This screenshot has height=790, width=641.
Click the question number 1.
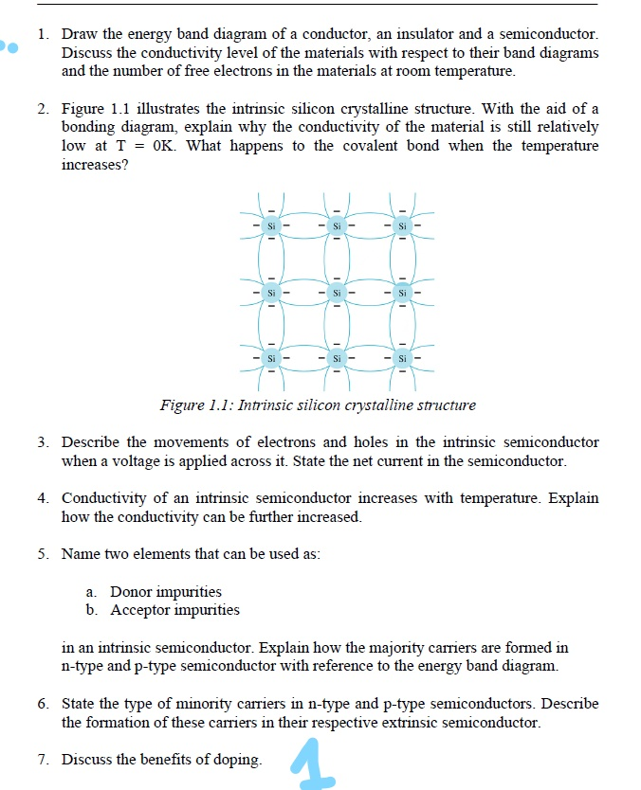(43, 35)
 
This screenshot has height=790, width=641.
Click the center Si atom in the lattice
(337, 293)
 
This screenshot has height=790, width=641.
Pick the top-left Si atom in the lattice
(271, 226)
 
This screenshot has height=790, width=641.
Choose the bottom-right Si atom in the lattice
(402, 359)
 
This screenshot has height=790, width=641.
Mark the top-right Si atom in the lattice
(402, 226)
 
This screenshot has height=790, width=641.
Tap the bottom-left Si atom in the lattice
(271, 359)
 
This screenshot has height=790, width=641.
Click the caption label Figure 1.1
(194, 405)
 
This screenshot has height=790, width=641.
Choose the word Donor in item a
(131, 592)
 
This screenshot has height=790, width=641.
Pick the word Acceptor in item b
(140, 610)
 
